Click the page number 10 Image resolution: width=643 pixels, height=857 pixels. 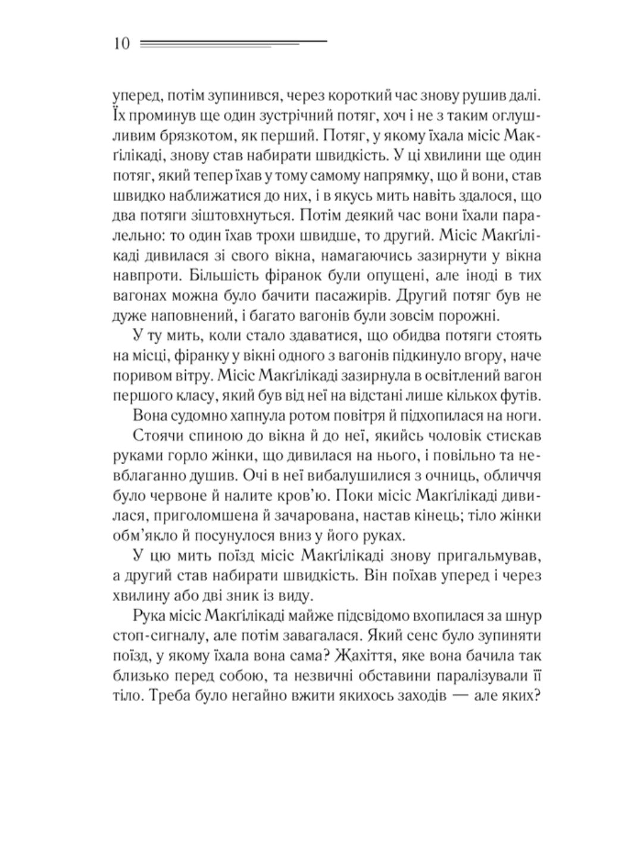(x=120, y=44)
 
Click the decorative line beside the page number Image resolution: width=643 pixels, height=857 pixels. (x=232, y=43)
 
